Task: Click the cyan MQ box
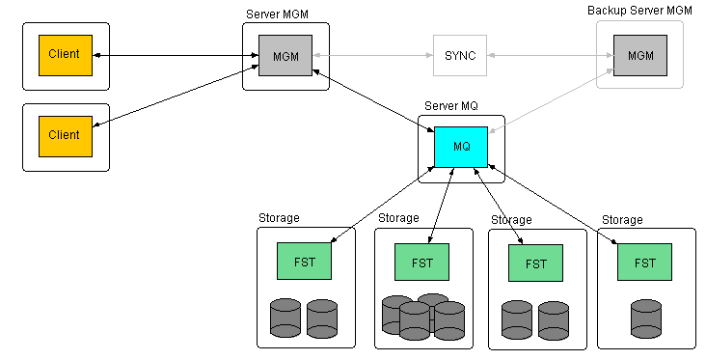[x=461, y=147]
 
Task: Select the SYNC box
[x=459, y=56]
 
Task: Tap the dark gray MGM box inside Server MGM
[x=285, y=56]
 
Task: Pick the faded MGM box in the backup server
[x=639, y=56]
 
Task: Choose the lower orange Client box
[x=65, y=135]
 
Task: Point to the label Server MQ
[x=451, y=104]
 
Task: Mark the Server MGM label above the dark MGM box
[x=277, y=14]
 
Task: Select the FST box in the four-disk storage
[x=421, y=262]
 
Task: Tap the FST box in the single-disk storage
[x=644, y=263]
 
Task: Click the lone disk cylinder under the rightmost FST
[x=646, y=318]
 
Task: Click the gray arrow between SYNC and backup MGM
[x=550, y=56]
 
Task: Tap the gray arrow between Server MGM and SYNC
[x=372, y=56]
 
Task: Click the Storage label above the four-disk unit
[x=398, y=219]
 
